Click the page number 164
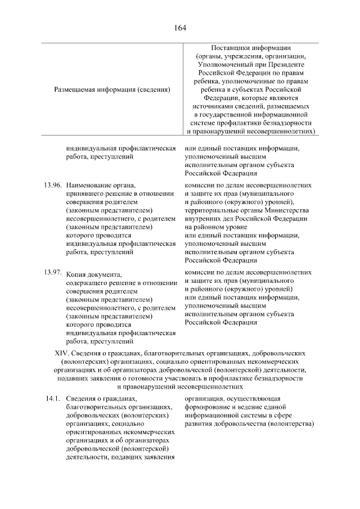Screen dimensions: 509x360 pyautogui.click(x=180, y=28)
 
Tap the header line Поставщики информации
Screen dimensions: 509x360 pyautogui.click(x=250, y=48)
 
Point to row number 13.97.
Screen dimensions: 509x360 pyautogui.click(x=52, y=272)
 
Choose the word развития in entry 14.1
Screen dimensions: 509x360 pyautogui.click(x=200, y=424)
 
